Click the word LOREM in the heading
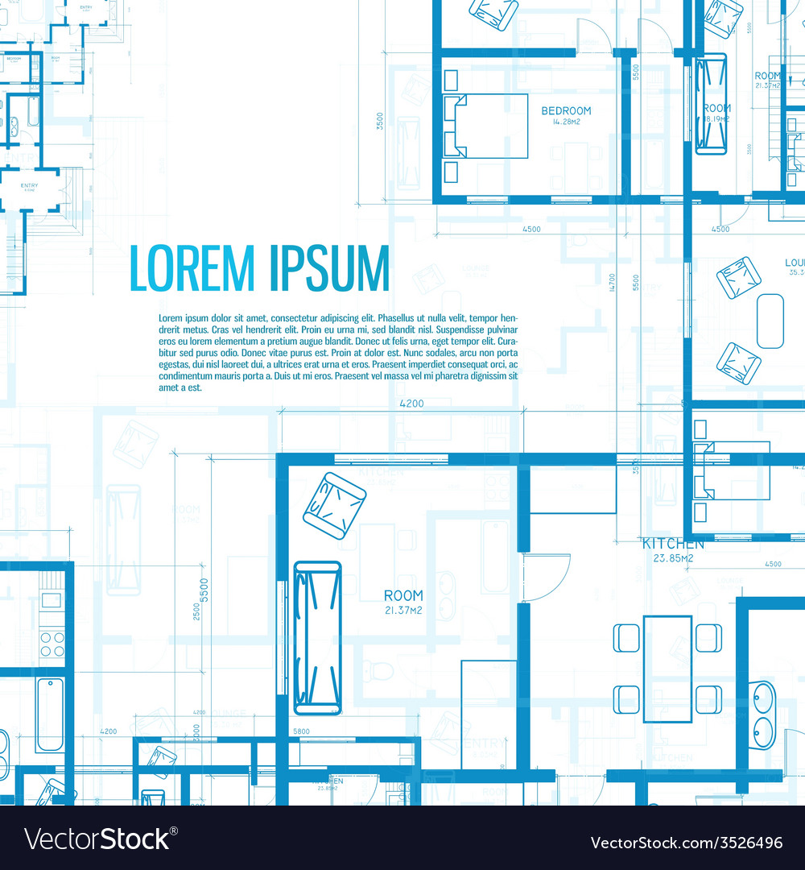(192, 268)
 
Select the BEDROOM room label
(566, 111)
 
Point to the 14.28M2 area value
(566, 122)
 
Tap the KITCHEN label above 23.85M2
(673, 544)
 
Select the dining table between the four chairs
(667, 669)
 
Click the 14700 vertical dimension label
(612, 282)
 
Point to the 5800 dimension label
(301, 731)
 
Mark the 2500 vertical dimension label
(196, 612)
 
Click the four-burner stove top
(52, 644)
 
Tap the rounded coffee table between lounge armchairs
(770, 321)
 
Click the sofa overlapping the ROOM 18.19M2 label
(711, 104)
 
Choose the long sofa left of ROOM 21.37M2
(317, 638)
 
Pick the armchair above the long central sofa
(334, 505)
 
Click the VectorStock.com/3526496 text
(686, 843)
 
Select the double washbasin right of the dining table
(762, 715)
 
